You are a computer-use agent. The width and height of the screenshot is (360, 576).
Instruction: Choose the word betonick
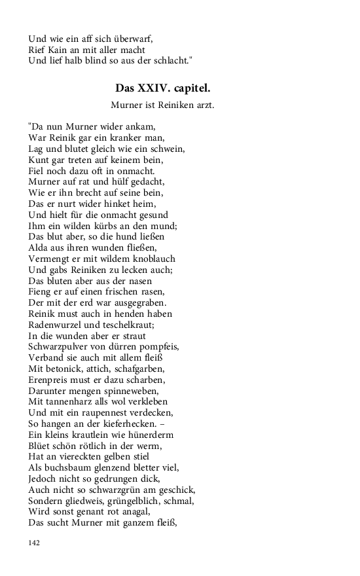coord(66,369)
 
